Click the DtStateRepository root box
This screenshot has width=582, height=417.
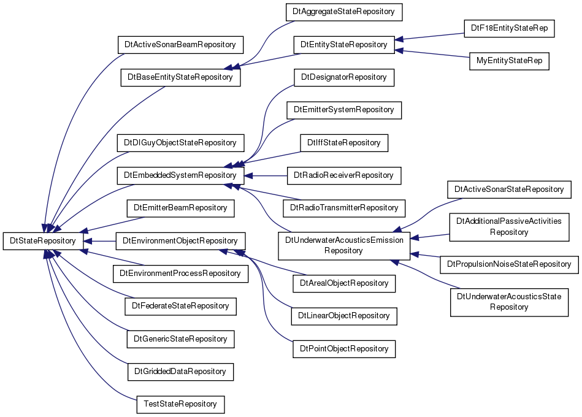tap(43, 241)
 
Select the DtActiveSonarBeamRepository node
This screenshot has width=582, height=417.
tap(180, 45)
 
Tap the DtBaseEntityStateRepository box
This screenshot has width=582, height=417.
tap(180, 77)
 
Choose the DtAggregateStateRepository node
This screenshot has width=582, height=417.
tap(343, 12)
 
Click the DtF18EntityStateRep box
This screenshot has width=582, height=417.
tap(509, 28)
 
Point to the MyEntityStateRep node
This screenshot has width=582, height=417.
tap(509, 61)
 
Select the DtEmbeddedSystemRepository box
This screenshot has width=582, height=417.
tap(180, 175)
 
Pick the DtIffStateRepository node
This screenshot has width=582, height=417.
tap(343, 143)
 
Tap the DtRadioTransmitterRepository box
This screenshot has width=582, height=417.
tap(344, 208)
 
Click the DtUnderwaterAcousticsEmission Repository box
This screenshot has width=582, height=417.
tap(344, 245)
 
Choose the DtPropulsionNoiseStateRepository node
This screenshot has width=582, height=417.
tap(509, 264)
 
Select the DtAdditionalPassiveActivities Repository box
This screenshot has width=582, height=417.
tap(509, 227)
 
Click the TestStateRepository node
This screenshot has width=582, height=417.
tap(180, 404)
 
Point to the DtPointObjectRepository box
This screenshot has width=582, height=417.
tap(344, 349)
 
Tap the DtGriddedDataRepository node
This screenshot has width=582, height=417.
tap(180, 372)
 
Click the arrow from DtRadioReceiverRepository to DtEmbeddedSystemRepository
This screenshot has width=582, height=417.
tap(266, 176)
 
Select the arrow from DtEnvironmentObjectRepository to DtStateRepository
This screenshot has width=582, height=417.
tap(99, 241)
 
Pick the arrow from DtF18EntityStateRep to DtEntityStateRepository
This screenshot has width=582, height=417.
tap(429, 36)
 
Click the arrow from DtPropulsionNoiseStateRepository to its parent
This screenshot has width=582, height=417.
tap(426, 255)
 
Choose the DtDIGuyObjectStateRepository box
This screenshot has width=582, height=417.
tap(180, 143)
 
